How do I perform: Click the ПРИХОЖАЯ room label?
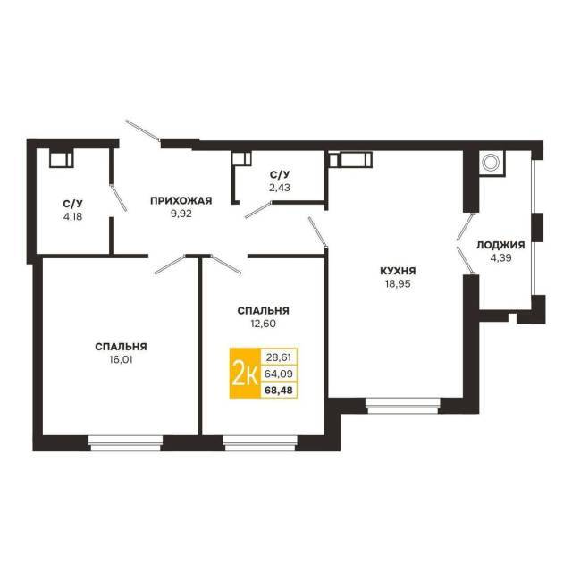181,200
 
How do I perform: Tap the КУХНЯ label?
398,271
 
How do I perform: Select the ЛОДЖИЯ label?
500,245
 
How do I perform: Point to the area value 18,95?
398,284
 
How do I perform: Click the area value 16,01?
121,359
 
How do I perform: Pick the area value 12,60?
263,324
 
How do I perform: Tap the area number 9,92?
181,214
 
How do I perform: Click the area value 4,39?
500,258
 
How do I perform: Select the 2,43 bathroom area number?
280,188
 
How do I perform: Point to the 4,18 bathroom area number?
72,216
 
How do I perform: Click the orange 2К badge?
244,373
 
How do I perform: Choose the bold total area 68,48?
279,390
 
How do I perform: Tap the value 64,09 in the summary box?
279,374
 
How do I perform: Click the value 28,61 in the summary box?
279,357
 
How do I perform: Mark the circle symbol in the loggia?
490,162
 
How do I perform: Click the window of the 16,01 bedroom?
126,443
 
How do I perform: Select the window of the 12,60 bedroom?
260,443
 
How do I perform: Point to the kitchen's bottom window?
403,406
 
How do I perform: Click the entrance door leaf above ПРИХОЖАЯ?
143,130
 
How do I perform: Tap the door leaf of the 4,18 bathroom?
119,198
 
